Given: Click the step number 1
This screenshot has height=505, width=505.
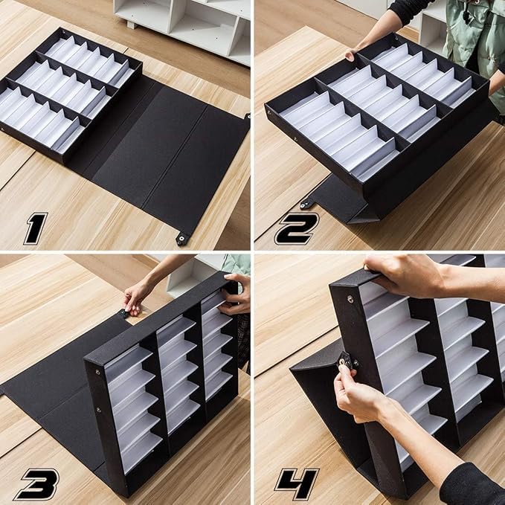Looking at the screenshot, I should (36, 228).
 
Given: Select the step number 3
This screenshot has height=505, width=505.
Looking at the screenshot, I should (35, 483).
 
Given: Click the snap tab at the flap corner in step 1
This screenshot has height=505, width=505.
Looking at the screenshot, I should (181, 238).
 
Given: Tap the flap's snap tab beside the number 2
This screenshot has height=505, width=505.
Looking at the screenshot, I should (306, 203).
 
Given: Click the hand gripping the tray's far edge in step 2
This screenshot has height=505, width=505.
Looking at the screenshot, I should (352, 54).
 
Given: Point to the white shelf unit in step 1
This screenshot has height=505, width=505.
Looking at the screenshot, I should (182, 22).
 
